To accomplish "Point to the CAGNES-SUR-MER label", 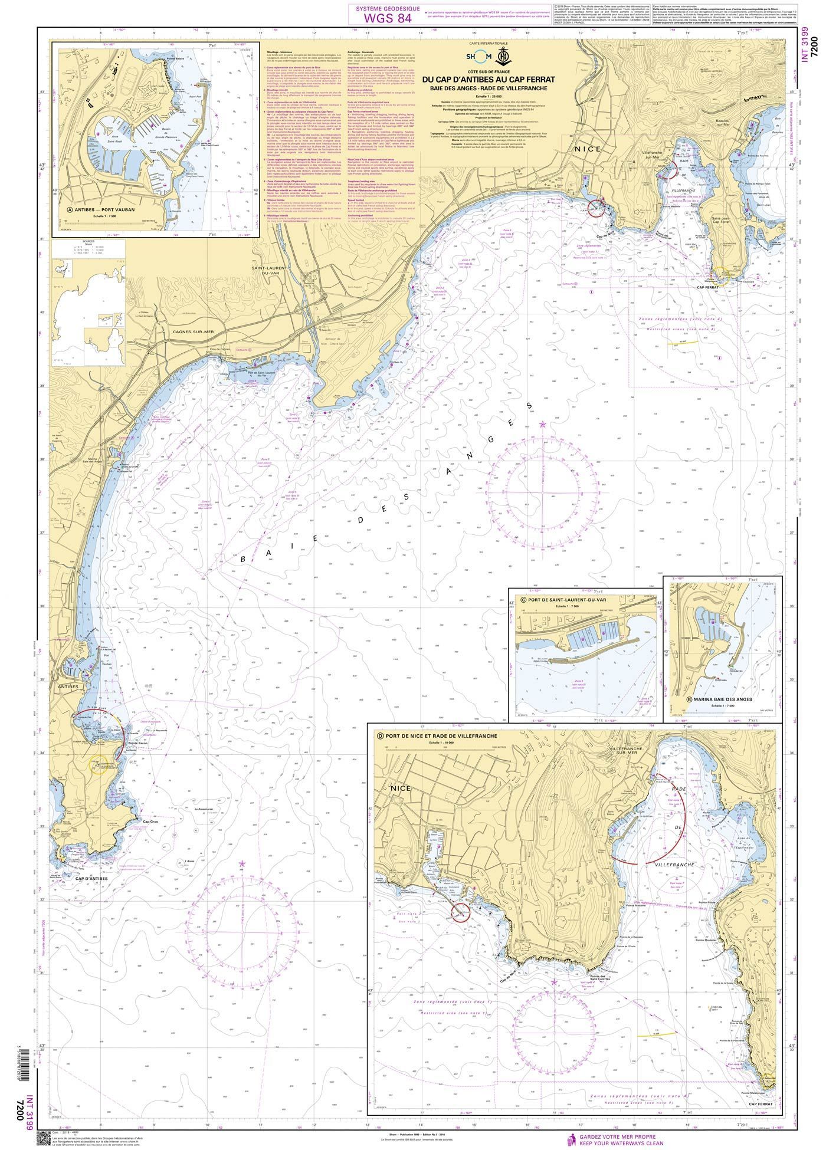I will click(192, 332).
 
